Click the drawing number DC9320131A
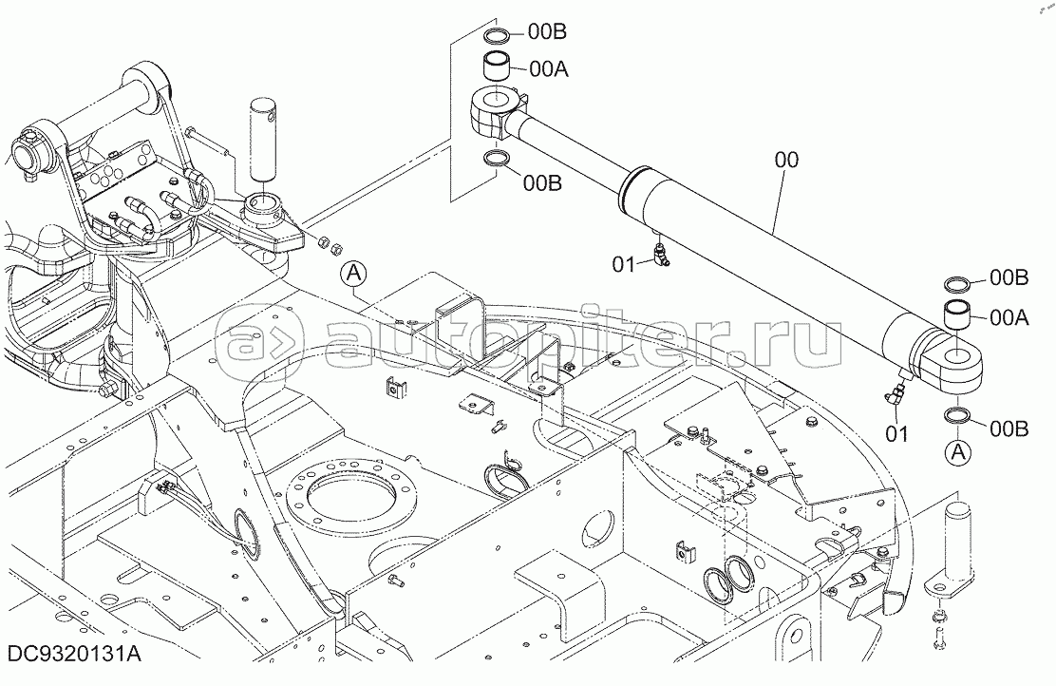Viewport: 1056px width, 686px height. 75,655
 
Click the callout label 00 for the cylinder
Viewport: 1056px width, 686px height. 786,160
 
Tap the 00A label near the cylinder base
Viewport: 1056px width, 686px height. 1009,317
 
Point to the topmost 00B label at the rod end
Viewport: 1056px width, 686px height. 547,31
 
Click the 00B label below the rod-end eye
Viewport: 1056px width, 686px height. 543,182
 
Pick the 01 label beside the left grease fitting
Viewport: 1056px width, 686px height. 624,265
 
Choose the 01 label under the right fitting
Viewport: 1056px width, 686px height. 897,434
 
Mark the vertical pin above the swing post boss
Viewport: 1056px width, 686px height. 263,139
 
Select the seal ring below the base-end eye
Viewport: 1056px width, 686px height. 958,417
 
